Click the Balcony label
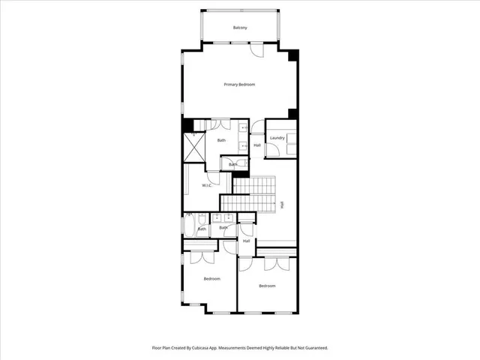coord(239,28)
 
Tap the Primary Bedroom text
coord(239,85)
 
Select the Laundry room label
coord(277,138)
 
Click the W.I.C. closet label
coord(207,185)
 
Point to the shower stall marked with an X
coord(194,144)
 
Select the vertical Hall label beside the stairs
coord(282,204)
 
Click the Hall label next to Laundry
coord(256,145)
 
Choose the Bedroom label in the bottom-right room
coord(267,286)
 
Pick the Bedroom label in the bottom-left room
coord(211,279)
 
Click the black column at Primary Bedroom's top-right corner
coord(293,55)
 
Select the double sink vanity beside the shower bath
coord(244,136)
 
